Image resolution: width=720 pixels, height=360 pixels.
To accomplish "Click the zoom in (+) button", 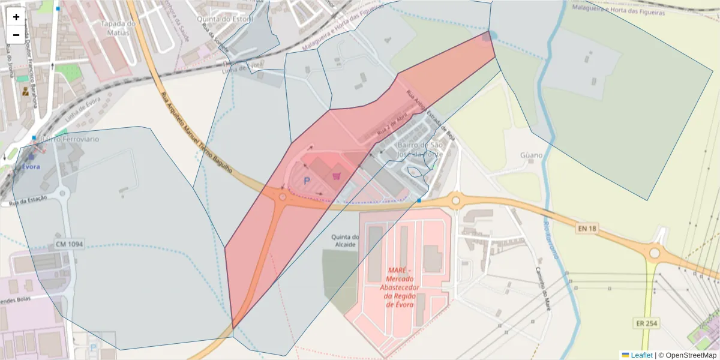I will click(x=16, y=17).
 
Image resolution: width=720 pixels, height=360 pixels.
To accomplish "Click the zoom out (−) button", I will click(x=16, y=35).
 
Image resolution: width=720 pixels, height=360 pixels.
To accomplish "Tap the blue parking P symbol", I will click(x=307, y=180).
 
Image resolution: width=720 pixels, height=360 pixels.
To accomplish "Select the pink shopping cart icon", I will click(x=337, y=176).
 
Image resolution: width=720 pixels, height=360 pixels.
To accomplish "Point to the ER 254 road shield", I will click(x=646, y=323).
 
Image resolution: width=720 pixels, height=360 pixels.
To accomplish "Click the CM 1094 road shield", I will click(x=69, y=244).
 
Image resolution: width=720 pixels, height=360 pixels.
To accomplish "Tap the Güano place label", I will click(x=532, y=155).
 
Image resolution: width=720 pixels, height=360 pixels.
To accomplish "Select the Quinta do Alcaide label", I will click(x=344, y=241).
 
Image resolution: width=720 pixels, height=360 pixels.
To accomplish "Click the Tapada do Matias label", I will click(x=115, y=28).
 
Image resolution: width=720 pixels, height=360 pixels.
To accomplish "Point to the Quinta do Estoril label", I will click(x=227, y=18).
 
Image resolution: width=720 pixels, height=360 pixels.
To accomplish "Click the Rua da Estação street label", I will click(x=29, y=204).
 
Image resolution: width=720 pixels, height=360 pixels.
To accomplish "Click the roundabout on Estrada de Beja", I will click(x=455, y=200).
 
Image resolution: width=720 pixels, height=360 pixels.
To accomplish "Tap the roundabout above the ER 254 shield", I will click(x=654, y=253).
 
